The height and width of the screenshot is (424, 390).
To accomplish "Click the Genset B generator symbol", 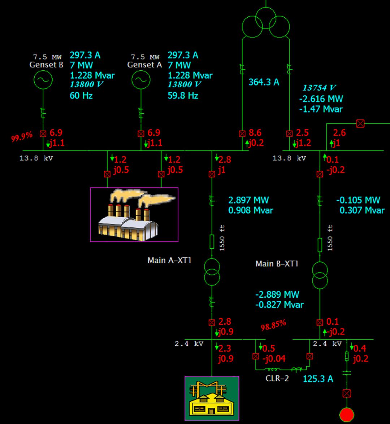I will pyautogui.click(x=43, y=80).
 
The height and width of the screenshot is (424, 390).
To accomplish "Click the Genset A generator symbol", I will pyautogui.click(x=140, y=80).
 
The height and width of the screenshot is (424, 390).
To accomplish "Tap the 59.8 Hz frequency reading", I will pyautogui.click(x=183, y=96).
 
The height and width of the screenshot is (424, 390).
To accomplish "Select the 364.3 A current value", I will pyautogui.click(x=264, y=82).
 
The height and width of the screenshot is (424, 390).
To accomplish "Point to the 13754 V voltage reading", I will pyautogui.click(x=319, y=88).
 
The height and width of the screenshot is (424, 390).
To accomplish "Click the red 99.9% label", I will pyautogui.click(x=22, y=136).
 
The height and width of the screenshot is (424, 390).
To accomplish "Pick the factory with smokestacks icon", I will pyautogui.click(x=134, y=214).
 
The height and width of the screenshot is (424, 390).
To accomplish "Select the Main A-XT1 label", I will pyautogui.click(x=169, y=260).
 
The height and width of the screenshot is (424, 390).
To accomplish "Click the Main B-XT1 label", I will pyautogui.click(x=277, y=264).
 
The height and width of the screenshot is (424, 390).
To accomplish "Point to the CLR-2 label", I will pyautogui.click(x=277, y=379).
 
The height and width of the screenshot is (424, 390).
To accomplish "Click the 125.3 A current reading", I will pyautogui.click(x=318, y=379).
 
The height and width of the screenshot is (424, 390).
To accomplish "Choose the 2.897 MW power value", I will pyautogui.click(x=249, y=200).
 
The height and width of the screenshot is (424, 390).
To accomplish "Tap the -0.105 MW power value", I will pyautogui.click(x=358, y=200).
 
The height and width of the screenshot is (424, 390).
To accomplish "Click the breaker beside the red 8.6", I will pyautogui.click(x=242, y=134).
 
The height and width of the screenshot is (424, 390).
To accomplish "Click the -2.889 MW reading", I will pyautogui.click(x=277, y=294).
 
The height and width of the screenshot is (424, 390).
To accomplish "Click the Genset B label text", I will pyautogui.click(x=46, y=65).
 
